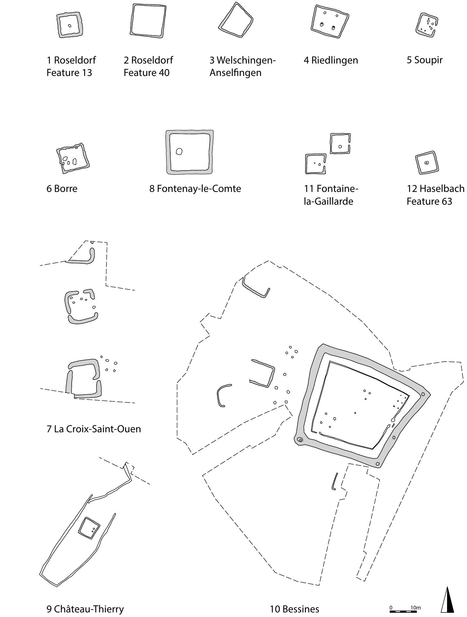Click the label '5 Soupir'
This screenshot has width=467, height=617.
[424, 60]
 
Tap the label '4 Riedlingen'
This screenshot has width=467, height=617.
[331, 60]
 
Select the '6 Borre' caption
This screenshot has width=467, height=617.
[62, 189]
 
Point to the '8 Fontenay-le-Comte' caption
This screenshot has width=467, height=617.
[195, 189]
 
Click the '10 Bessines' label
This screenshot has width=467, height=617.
[294, 609]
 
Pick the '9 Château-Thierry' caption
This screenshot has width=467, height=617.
[85, 609]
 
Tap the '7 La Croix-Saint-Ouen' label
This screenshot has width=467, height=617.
[94, 429]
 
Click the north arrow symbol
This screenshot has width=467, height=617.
[447, 600]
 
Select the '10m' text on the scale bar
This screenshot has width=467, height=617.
[415, 608]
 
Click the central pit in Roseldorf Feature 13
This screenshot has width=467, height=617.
[69, 26]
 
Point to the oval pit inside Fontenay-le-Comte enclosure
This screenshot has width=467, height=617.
[179, 151]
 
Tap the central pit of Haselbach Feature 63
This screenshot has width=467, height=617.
[426, 163]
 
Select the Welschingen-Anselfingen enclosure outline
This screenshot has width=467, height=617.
[236, 20]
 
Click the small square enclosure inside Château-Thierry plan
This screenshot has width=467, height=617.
[89, 528]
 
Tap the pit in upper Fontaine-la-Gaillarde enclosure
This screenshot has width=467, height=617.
[340, 147]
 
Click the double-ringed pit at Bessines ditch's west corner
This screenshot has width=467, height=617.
[300, 440]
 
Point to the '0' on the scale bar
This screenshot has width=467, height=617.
[391, 608]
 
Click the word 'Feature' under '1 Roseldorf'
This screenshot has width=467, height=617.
[61, 72]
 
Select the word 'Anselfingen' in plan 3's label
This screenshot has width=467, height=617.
[235, 72]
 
